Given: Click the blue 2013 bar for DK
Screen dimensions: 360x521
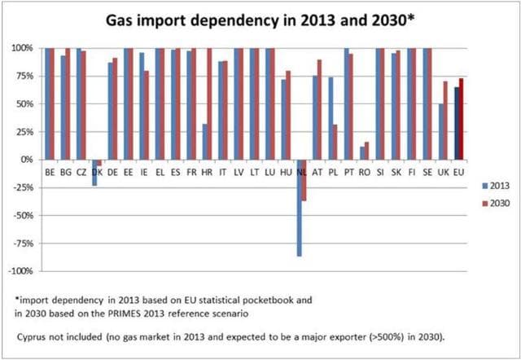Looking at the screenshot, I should click(x=94, y=173).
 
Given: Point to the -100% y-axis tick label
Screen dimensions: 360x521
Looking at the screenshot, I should click(x=20, y=271).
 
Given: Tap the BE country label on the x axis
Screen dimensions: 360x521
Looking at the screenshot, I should click(x=50, y=172).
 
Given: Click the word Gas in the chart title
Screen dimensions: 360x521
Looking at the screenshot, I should click(x=123, y=19).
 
